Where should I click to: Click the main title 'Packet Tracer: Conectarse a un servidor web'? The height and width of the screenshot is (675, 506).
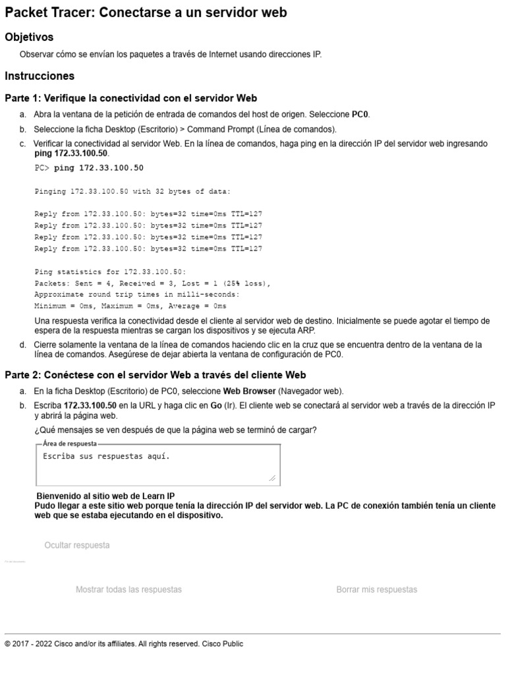click(146, 13)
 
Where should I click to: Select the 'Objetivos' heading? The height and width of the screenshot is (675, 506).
click(29, 37)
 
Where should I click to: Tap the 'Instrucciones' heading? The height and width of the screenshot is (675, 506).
click(40, 76)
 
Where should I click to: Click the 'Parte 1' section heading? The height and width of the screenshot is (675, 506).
click(130, 98)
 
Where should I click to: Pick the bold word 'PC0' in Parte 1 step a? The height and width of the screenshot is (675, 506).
click(360, 114)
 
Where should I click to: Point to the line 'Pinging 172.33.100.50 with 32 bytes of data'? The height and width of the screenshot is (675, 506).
click(132, 192)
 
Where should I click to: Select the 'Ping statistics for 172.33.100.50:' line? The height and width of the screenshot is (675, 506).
click(110, 272)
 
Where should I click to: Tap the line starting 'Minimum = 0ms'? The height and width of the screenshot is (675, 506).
click(130, 307)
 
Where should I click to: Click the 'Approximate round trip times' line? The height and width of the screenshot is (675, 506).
click(137, 295)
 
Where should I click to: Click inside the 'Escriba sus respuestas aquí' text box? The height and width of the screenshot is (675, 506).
click(158, 465)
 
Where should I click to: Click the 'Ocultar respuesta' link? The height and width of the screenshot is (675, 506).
click(77, 545)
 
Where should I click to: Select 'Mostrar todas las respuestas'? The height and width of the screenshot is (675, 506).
click(128, 589)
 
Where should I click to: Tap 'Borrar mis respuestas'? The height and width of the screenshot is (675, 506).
click(376, 589)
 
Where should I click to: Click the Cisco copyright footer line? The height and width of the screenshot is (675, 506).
click(124, 644)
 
